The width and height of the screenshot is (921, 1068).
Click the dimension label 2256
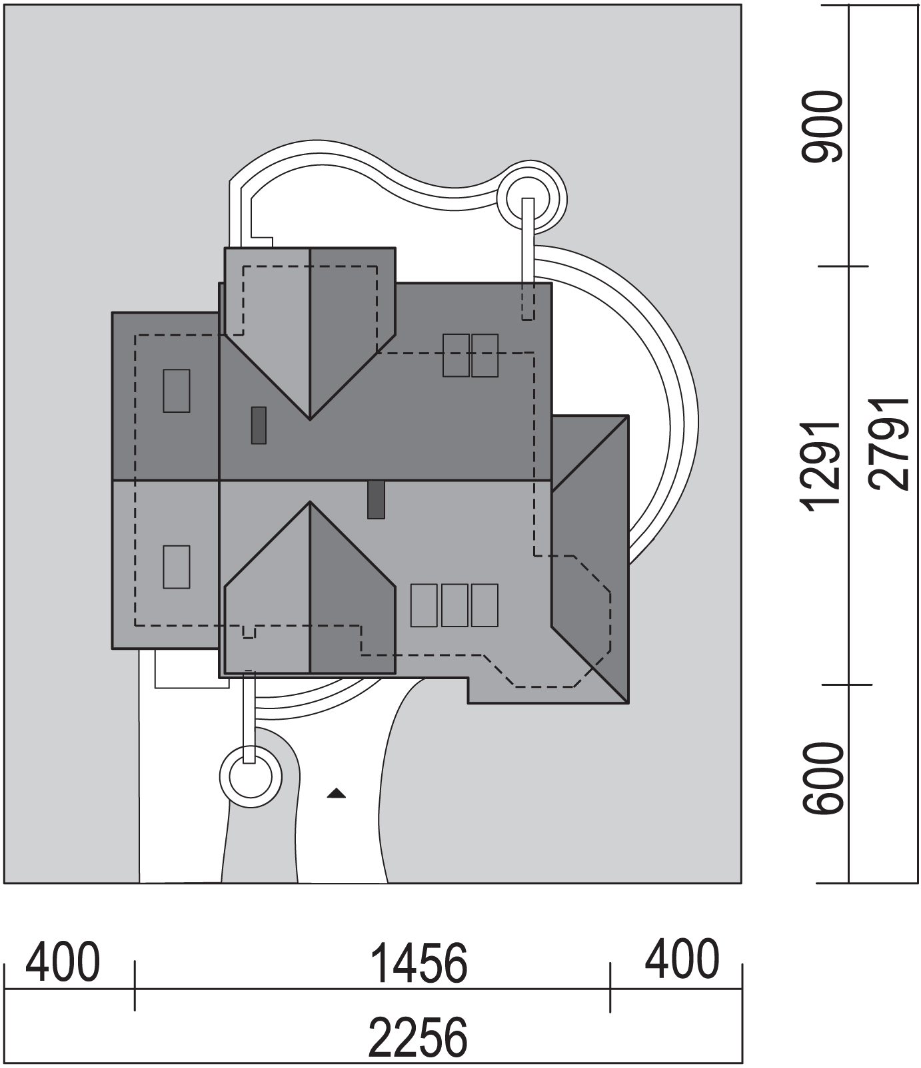(x=418, y=1037)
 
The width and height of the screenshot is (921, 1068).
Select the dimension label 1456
(x=418, y=964)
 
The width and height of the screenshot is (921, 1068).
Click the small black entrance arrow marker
(x=337, y=792)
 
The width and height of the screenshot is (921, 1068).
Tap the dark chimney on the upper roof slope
(x=259, y=425)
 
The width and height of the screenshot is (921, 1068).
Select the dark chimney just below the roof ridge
(x=377, y=499)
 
